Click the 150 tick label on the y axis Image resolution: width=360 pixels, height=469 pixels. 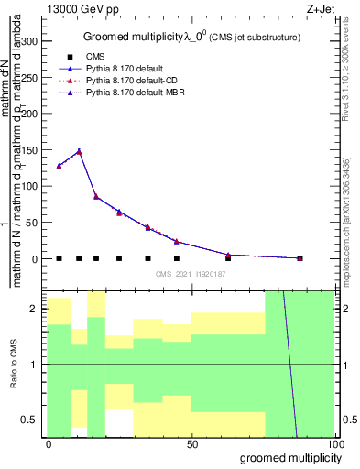28,150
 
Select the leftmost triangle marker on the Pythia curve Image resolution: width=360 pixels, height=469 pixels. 59,166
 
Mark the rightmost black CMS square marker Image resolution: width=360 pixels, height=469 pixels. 300,258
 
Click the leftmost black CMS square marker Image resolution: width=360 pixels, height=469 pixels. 59,258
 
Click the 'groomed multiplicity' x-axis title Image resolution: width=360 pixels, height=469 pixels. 285,457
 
